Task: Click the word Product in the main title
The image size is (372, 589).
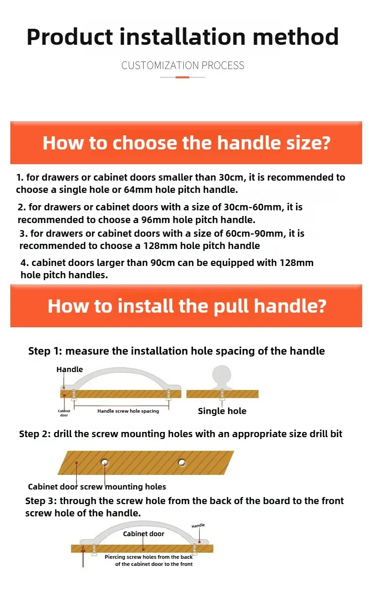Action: tap(70, 37)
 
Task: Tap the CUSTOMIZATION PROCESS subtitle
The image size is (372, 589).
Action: tap(183, 66)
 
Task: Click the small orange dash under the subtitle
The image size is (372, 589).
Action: tap(182, 77)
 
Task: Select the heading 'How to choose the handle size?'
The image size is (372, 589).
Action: tap(186, 143)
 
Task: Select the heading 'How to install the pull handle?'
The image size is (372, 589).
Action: tap(187, 306)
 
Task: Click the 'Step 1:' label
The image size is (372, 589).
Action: tap(45, 351)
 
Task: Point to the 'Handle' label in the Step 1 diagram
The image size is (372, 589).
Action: tap(70, 369)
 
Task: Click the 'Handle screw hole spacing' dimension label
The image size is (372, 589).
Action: tap(128, 411)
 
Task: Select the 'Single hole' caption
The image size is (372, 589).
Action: tap(222, 411)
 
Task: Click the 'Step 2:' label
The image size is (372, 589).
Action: tap(35, 434)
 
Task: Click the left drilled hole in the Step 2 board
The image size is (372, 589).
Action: tap(105, 462)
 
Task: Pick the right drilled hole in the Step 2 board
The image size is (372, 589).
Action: tap(182, 462)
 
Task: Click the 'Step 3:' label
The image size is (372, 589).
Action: tap(41, 501)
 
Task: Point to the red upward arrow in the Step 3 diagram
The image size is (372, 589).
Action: tap(83, 556)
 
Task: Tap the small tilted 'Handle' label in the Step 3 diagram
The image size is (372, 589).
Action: tap(198, 526)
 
